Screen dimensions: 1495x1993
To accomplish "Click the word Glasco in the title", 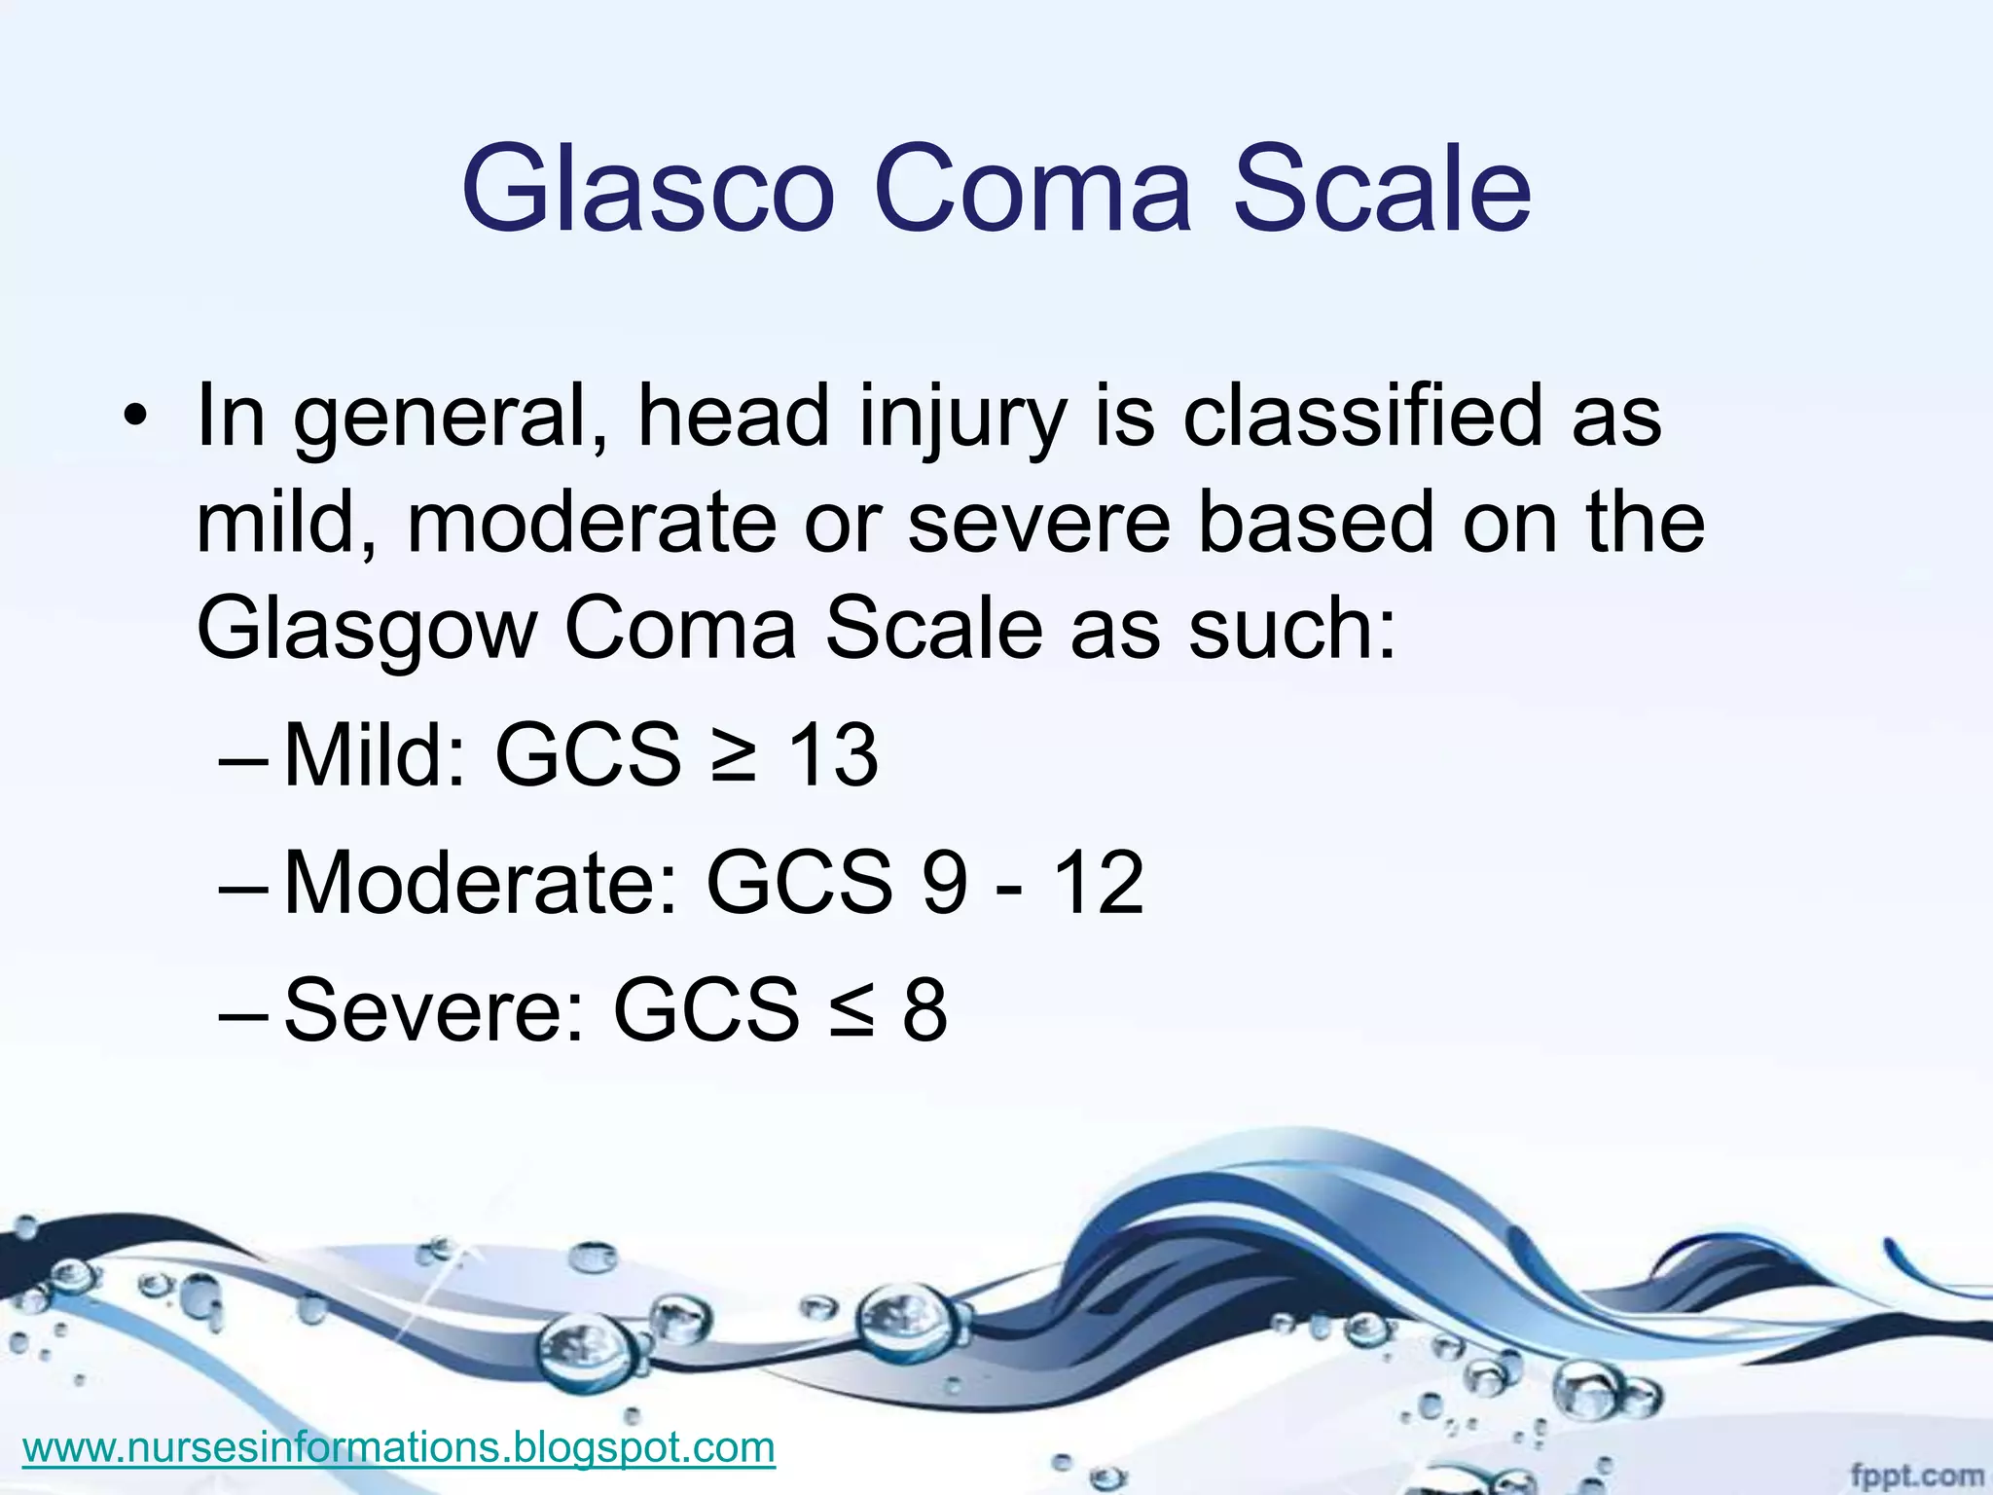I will click(x=648, y=189).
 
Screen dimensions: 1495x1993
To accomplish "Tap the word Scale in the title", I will click(x=1382, y=189).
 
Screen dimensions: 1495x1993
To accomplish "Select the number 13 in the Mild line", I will click(x=833, y=755).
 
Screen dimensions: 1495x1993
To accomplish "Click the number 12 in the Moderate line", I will click(x=1099, y=883).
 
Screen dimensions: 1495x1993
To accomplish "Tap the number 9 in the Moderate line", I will click(x=945, y=883).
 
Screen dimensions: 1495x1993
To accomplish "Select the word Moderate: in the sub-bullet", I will click(x=481, y=883).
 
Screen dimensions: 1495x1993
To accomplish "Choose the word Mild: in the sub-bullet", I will click(x=375, y=755).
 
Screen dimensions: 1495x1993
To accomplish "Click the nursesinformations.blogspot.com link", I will click(x=399, y=1447).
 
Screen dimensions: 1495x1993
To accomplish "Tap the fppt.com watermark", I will click(x=1916, y=1476).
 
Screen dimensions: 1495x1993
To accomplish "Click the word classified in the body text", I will click(x=1362, y=417).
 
